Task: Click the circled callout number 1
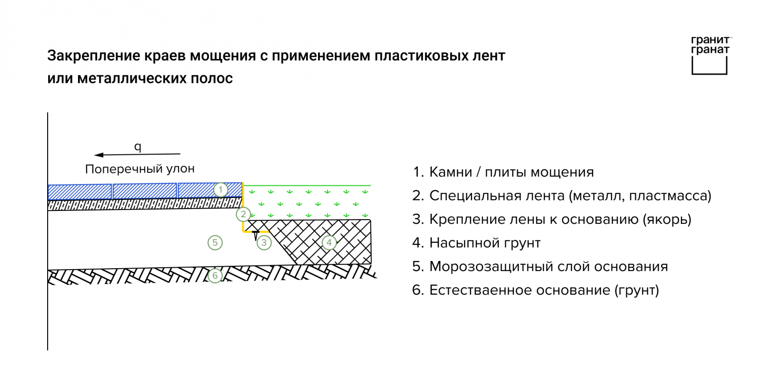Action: [x=220, y=190]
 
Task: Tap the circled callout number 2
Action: [x=243, y=214]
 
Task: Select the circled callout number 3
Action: [x=264, y=243]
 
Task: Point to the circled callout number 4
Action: [x=329, y=243]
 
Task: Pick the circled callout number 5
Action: [x=215, y=243]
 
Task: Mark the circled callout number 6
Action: [x=215, y=275]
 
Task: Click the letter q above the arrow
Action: [x=138, y=147]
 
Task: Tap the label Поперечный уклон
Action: [x=140, y=169]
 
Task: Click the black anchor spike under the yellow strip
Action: [x=256, y=235]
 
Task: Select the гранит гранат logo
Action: [x=710, y=55]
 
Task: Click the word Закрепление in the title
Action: [x=94, y=56]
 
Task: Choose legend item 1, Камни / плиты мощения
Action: [x=503, y=172]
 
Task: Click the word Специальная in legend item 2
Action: [x=480, y=196]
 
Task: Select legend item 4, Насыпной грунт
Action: [x=476, y=243]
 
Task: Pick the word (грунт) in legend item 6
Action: [x=637, y=290]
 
